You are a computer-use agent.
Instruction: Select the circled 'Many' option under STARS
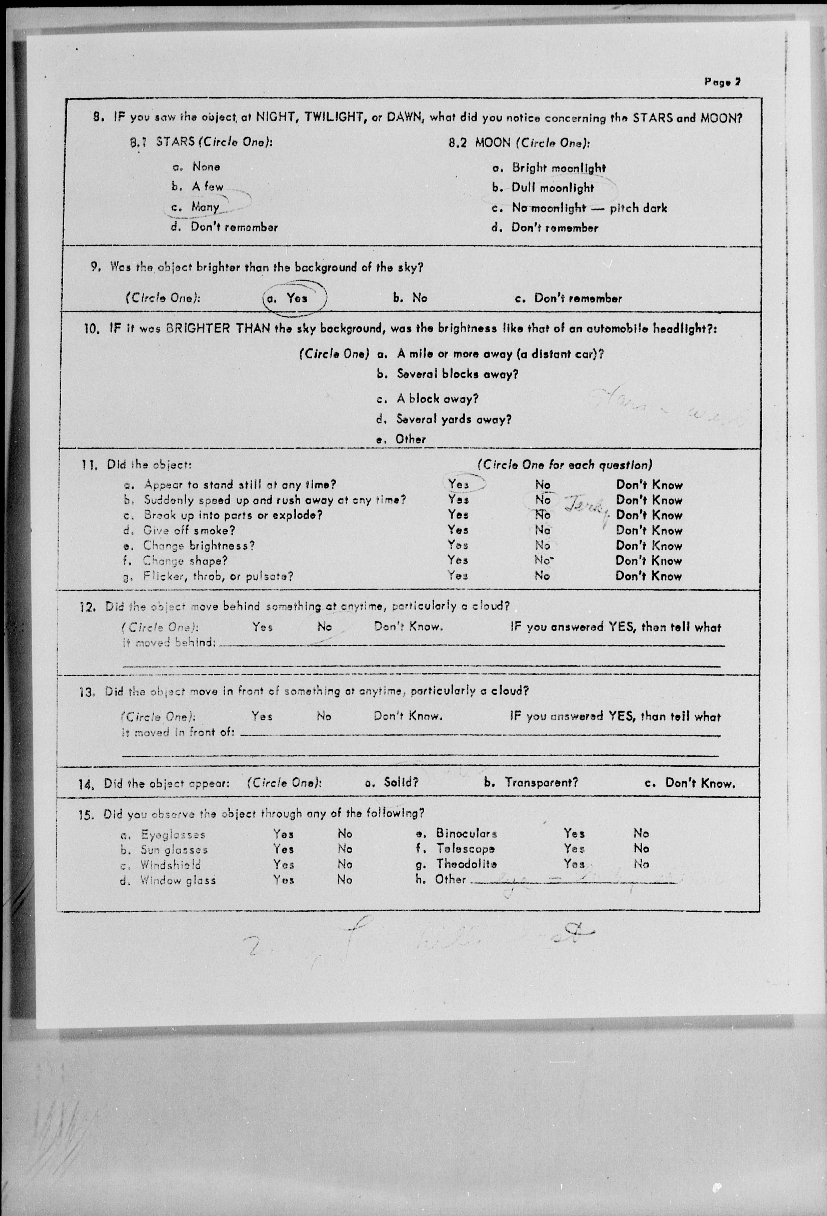(205, 207)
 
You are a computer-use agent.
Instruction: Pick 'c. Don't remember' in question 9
(568, 298)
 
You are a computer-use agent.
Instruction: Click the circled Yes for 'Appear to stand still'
(459, 484)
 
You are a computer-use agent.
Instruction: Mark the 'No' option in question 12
(325, 626)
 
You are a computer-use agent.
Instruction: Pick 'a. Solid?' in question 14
(392, 782)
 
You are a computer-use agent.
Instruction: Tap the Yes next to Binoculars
(574, 833)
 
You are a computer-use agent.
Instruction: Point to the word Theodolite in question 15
(466, 864)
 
